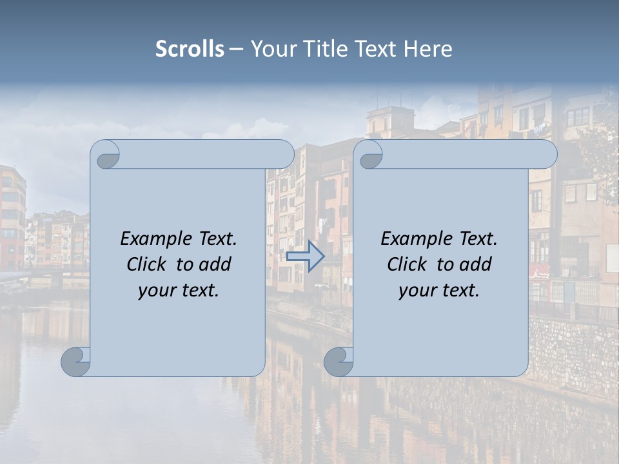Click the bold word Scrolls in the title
tap(190, 49)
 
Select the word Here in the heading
tap(428, 49)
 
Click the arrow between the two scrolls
tap(305, 256)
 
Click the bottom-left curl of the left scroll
tap(76, 362)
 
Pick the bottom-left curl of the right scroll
tap(339, 362)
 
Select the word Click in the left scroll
tap(146, 264)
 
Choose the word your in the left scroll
tap(155, 291)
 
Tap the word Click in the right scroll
tap(406, 264)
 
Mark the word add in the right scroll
tap(477, 264)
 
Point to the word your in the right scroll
tap(416, 291)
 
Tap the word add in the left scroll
tap(216, 264)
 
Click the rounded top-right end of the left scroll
tap(284, 155)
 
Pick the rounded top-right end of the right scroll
tap(547, 155)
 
